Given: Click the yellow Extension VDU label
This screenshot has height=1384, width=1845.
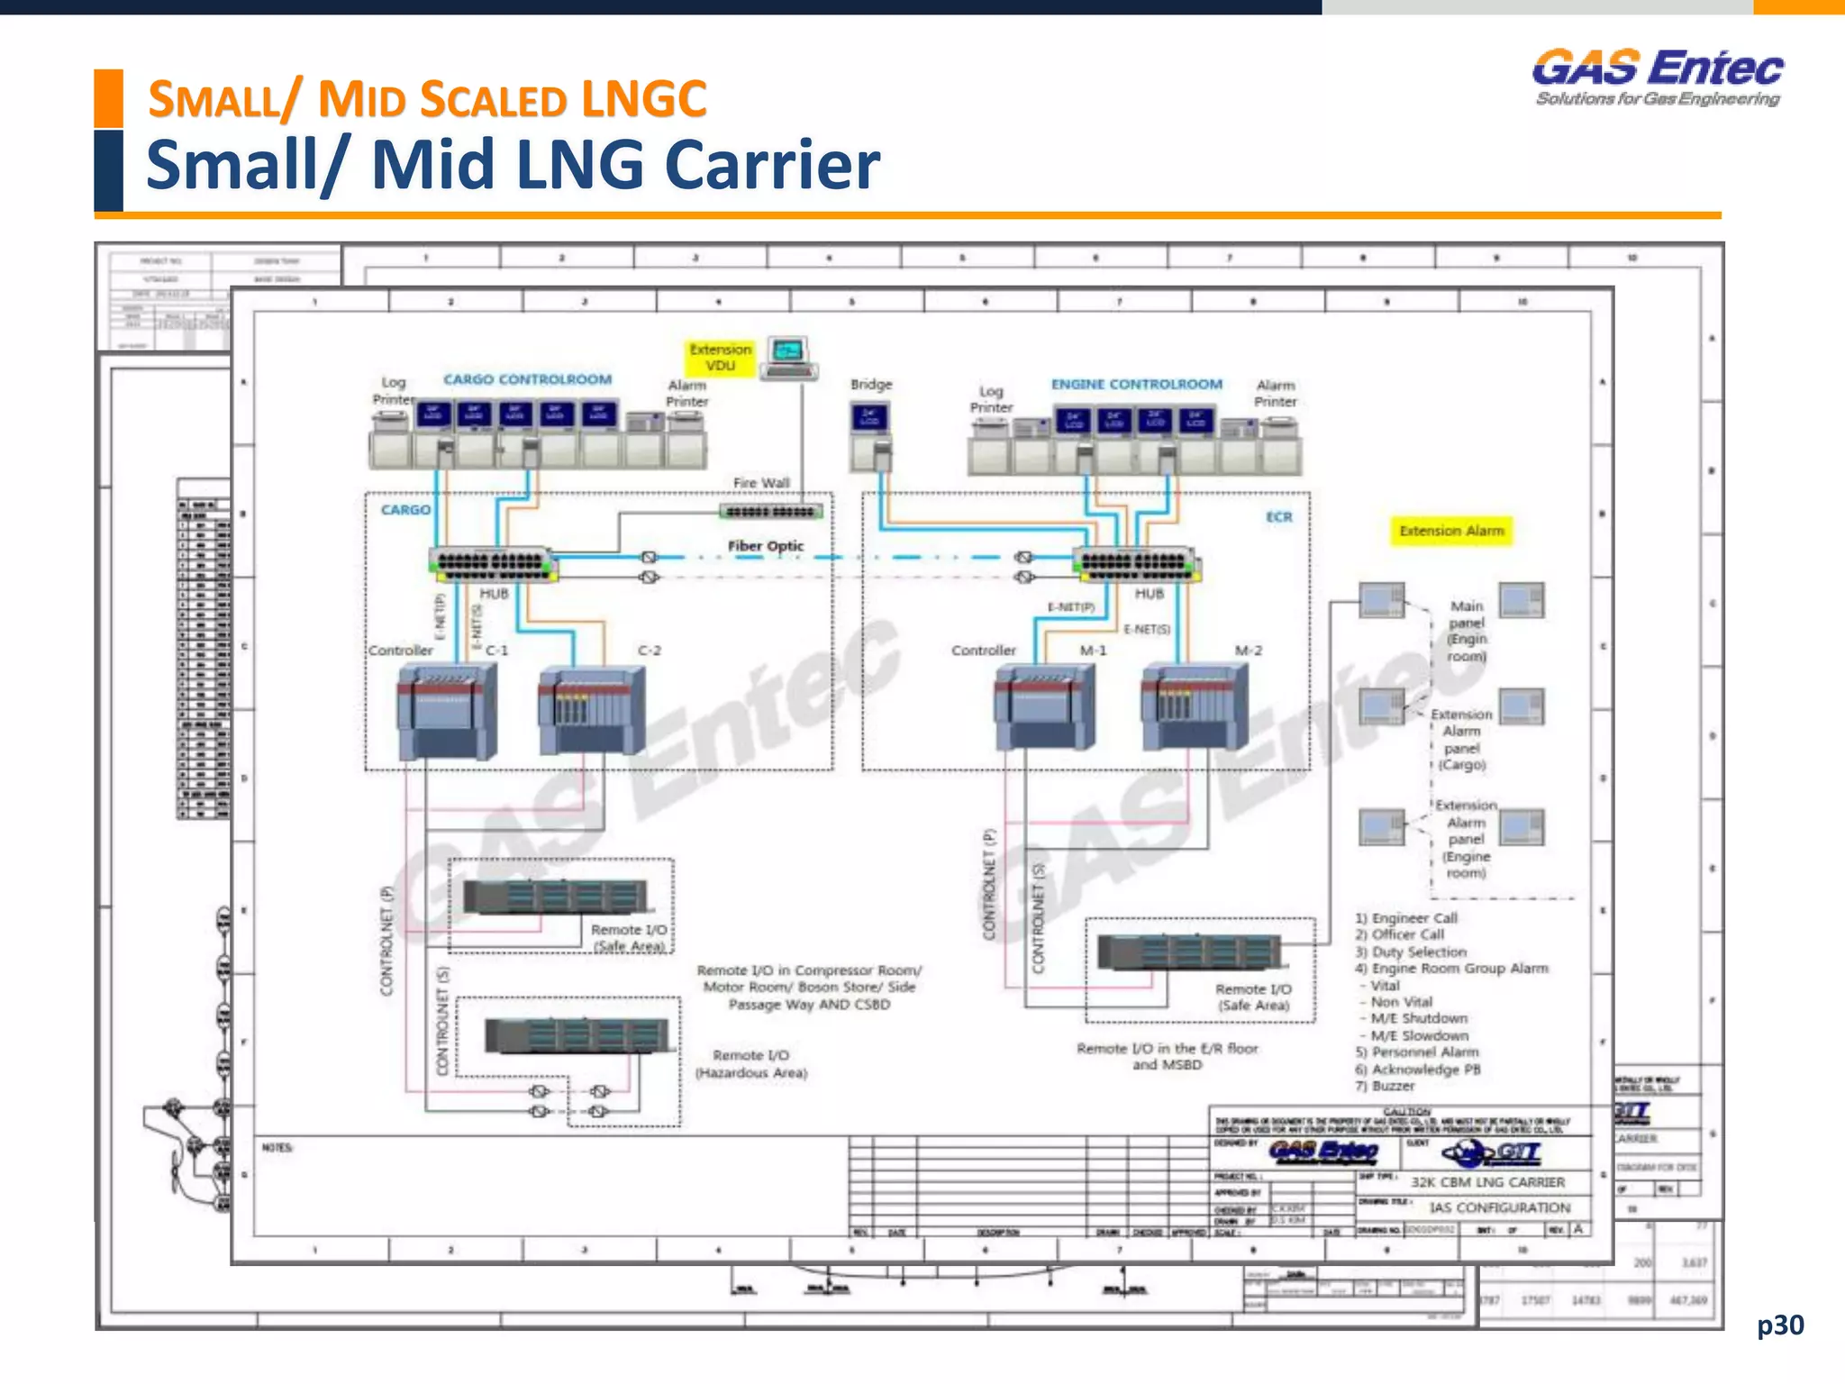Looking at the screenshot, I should pos(720,358).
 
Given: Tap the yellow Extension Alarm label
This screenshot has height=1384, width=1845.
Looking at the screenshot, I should pos(1451,531).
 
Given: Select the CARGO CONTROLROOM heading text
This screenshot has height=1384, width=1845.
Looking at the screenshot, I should pos(527,379).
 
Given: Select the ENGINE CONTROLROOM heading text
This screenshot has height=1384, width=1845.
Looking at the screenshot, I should pos(1136,384).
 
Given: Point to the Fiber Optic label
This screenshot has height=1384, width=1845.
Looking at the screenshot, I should pos(765,546).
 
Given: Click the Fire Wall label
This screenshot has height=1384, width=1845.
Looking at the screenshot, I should pos(761,483).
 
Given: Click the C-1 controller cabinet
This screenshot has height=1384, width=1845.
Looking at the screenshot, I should pos(447,712).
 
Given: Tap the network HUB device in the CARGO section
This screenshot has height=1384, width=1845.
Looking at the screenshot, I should pos(493,564).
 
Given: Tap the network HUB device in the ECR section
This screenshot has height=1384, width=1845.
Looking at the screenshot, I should pos(1136,565).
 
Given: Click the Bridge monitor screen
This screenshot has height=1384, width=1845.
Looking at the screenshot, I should pos(869,418).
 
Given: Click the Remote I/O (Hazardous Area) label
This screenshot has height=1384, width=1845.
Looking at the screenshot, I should pos(750,1064).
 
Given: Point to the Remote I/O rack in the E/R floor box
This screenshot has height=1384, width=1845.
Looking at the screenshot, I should pos(1189,952).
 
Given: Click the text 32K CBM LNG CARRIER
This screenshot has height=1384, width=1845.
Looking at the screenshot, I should pos(1487,1182).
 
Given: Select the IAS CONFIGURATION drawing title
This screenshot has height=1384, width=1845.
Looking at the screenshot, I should pos(1499,1207).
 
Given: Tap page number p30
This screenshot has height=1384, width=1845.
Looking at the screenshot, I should pos(1780,1325).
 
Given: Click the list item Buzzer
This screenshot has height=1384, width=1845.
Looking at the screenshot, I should pos(1393,1086).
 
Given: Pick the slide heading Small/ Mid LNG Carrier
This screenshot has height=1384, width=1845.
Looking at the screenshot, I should pos(513,166).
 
